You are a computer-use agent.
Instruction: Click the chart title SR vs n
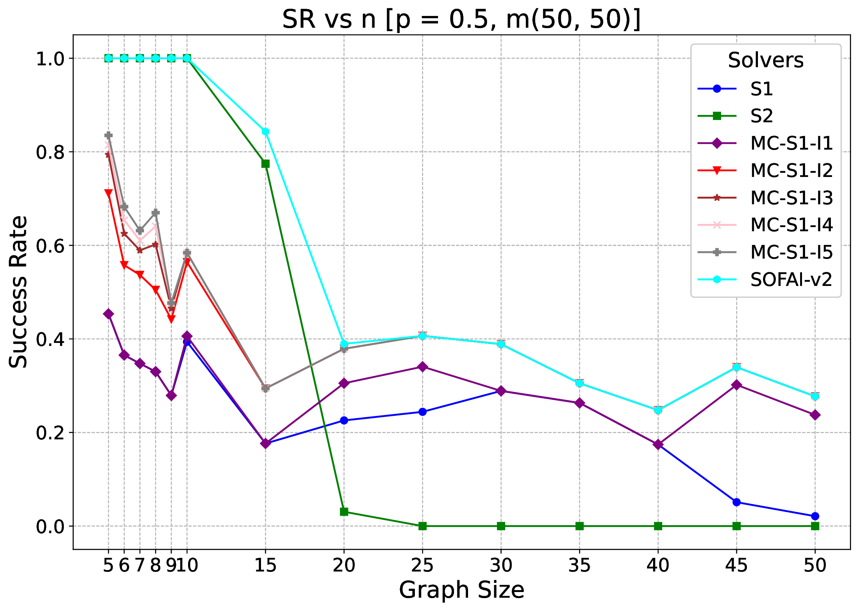pyautogui.click(x=461, y=20)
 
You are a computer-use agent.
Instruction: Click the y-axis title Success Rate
pyautogui.click(x=18, y=292)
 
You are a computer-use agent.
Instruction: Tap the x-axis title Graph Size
pyautogui.click(x=461, y=590)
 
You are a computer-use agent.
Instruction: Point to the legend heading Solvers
pyautogui.click(x=766, y=60)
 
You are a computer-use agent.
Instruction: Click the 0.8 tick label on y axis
pyautogui.click(x=49, y=152)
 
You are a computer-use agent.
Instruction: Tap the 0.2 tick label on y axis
pyautogui.click(x=49, y=433)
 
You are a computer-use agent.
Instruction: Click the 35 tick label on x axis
pyautogui.click(x=579, y=565)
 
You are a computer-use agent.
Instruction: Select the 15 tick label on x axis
pyautogui.click(x=265, y=565)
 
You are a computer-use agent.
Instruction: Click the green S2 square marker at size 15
pyautogui.click(x=265, y=164)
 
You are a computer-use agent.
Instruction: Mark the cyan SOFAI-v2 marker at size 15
pyautogui.click(x=265, y=132)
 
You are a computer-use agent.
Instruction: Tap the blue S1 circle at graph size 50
pyautogui.click(x=815, y=516)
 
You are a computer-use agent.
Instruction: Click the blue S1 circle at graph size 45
pyautogui.click(x=737, y=502)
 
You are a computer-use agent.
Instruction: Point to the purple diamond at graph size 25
pyautogui.click(x=422, y=367)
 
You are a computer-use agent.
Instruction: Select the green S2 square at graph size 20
pyautogui.click(x=344, y=512)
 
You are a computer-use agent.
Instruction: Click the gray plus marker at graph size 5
pyautogui.click(x=108, y=135)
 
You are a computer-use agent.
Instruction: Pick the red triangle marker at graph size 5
pyautogui.click(x=108, y=193)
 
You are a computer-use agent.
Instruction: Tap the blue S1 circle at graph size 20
pyautogui.click(x=344, y=420)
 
